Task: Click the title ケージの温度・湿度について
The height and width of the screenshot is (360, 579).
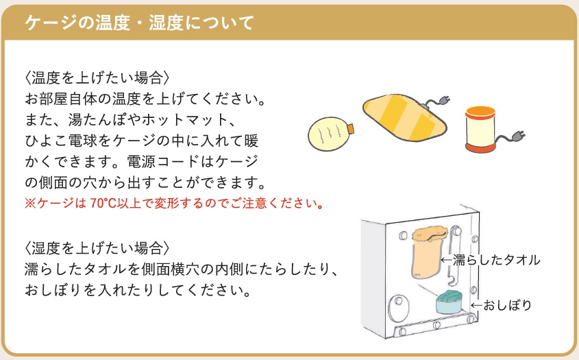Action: tap(139, 23)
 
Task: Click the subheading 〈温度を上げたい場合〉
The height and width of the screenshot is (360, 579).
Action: tap(97, 78)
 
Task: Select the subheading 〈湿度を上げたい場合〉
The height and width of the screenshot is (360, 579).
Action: tap(97, 248)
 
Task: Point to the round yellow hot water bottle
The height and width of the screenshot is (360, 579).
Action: tap(328, 134)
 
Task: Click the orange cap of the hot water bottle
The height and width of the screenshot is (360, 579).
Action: tap(350, 129)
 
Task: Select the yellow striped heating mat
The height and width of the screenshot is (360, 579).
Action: tap(405, 117)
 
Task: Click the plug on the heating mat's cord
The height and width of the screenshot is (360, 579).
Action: tap(445, 99)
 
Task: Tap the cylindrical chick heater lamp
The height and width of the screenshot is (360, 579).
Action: tap(480, 130)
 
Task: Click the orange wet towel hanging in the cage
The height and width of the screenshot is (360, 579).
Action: tap(428, 252)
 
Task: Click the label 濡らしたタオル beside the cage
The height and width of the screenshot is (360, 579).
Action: tap(497, 260)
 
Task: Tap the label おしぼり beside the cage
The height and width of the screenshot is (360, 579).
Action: tap(507, 305)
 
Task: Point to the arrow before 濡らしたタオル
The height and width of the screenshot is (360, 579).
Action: tap(447, 260)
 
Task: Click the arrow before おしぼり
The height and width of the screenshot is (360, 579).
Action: tap(477, 305)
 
